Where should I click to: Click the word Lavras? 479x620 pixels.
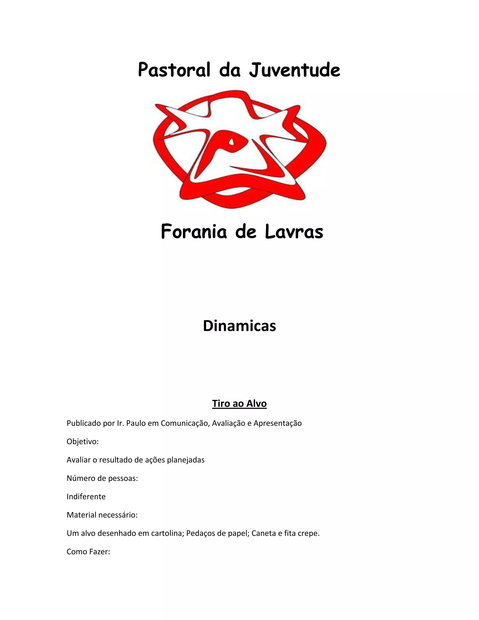coord(294,232)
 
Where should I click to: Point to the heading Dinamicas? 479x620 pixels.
coord(239,326)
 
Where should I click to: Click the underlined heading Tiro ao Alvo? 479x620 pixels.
coord(239,403)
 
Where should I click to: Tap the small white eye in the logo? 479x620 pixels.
coord(232,141)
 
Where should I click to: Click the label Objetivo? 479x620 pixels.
coord(83,442)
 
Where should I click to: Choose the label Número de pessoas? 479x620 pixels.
coord(102,478)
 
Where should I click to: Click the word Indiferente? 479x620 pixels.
coord(86,497)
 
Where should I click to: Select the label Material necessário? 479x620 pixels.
coord(102,515)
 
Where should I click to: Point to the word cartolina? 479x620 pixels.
coord(167,533)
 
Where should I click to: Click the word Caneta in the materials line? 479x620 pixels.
coord(264,533)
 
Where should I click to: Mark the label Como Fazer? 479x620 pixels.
coord(88,552)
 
